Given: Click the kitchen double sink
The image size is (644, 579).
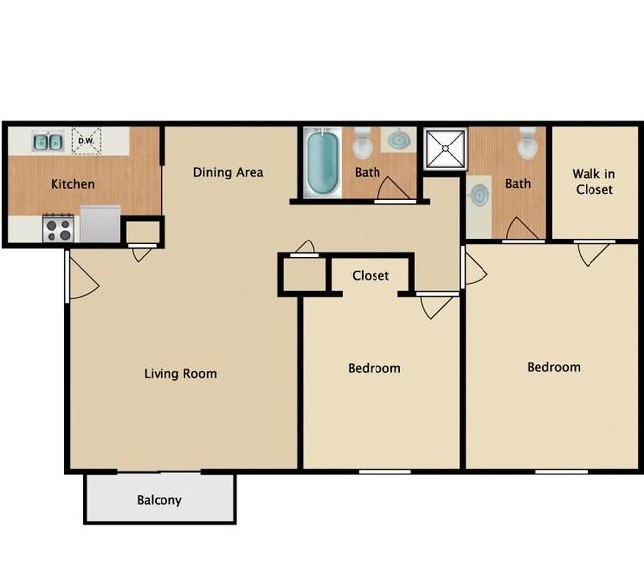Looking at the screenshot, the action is pos(49,142).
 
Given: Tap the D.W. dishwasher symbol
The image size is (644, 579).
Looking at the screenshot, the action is pos(86,141).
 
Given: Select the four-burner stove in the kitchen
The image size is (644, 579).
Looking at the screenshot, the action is pos(58,229).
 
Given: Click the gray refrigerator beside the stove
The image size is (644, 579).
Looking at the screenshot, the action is pos(100,224).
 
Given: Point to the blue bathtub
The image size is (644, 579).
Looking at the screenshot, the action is pos(323,162).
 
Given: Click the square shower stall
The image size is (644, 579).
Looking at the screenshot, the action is pos(446,148).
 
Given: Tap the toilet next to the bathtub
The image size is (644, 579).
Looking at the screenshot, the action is pos(363,144).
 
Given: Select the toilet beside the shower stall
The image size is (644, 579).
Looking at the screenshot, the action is pos(527,144).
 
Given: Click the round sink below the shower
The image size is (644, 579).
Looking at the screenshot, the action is pos(480,195).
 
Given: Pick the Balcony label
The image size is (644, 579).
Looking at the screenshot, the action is pos(160,500).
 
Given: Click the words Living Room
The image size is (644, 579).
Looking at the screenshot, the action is pos(180,374).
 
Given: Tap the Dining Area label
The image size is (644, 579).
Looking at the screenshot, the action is pos(228,173).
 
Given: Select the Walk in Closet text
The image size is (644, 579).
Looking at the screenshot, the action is pos(593,182).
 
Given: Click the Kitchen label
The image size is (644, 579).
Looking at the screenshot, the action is pos(72,184).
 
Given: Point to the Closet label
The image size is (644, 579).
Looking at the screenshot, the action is pos(371,276).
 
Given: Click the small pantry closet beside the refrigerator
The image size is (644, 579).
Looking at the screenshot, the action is pos(142,232).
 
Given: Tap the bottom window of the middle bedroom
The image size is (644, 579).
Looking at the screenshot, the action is pos(384,472).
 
